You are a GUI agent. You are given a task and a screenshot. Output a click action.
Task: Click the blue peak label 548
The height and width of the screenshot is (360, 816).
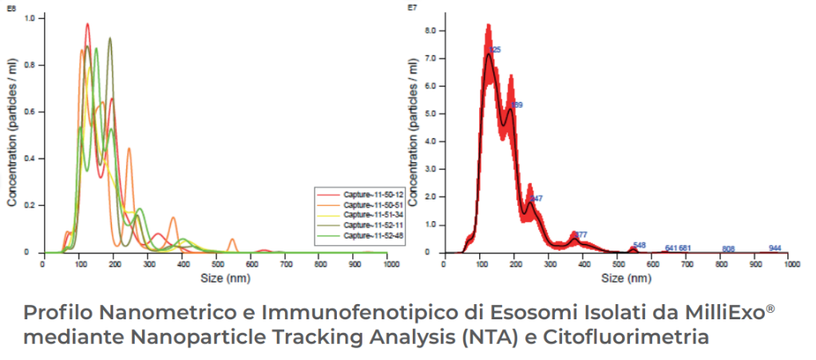coord(639,245)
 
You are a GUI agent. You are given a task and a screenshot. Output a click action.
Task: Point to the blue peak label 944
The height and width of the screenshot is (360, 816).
coord(774,248)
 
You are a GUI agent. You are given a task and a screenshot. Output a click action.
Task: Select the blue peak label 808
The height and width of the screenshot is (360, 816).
coord(727,249)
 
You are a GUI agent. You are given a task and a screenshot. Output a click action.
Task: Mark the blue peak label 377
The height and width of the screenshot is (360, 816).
coord(580,235)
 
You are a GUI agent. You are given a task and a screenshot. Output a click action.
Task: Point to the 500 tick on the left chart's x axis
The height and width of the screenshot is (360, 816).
coord(215,264)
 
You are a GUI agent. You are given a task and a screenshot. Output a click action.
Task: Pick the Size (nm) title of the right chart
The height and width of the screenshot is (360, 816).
coord(617,279)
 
